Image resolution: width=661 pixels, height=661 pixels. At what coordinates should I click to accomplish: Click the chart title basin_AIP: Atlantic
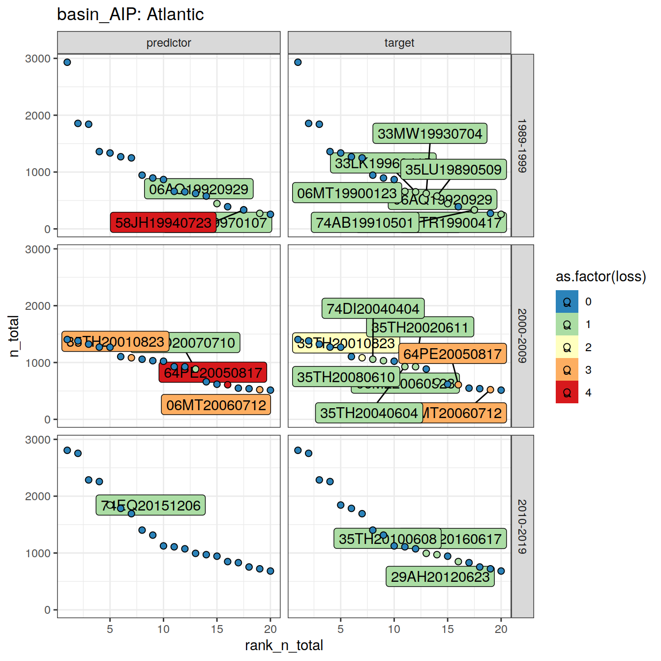click(x=130, y=15)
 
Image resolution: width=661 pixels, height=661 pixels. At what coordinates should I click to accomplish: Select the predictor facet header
click(x=169, y=43)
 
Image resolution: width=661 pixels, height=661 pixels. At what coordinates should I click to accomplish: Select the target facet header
click(x=399, y=43)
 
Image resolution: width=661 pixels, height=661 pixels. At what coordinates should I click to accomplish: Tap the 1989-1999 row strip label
click(x=522, y=146)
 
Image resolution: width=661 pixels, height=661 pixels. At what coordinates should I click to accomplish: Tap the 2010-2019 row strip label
click(x=522, y=526)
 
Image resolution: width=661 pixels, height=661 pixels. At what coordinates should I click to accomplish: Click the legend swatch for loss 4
click(x=567, y=392)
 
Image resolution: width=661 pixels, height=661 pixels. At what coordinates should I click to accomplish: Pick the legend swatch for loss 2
click(x=567, y=347)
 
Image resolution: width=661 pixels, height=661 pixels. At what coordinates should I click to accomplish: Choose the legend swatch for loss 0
click(x=567, y=301)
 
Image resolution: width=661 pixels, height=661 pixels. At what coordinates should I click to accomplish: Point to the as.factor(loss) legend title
click(x=601, y=277)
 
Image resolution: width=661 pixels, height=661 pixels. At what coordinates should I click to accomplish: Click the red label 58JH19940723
click(x=163, y=223)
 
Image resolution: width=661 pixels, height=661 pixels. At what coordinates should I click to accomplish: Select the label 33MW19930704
click(x=429, y=134)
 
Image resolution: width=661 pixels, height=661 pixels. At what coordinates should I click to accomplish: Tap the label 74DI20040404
click(x=373, y=309)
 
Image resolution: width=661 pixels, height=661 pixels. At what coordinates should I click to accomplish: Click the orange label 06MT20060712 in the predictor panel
click(x=216, y=405)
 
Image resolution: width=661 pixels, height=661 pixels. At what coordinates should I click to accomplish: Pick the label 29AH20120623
click(x=440, y=577)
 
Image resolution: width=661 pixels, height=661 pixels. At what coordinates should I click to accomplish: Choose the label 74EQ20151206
click(x=150, y=506)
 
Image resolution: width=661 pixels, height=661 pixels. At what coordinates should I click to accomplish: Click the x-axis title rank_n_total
click(x=284, y=645)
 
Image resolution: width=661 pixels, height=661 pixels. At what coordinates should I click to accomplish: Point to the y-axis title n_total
click(x=14, y=336)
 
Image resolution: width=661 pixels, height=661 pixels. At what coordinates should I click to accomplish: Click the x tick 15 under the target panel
click(x=447, y=629)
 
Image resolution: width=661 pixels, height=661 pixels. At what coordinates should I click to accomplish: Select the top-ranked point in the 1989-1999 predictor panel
click(x=67, y=62)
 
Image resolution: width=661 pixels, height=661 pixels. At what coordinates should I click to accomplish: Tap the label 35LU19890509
click(x=453, y=170)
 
